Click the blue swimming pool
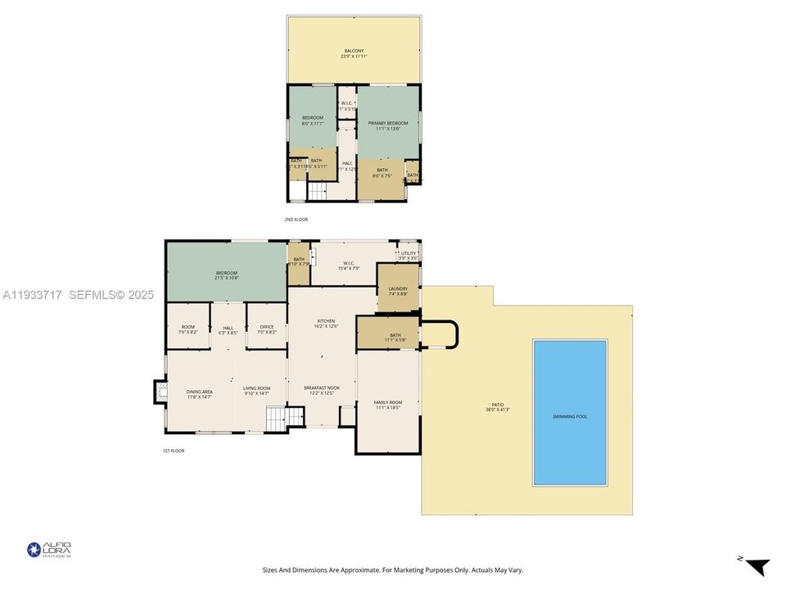coord(570,412)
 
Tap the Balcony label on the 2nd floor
coord(353,53)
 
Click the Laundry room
coord(398,290)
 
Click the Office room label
coord(266,329)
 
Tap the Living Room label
coord(257,391)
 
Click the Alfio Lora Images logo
coord(49,549)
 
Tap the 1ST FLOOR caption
coord(173,451)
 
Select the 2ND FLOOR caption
coord(296,220)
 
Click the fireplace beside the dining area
coord(159,392)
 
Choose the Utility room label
coord(409,255)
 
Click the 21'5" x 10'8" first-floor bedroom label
coord(226,275)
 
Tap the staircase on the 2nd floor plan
coord(316,191)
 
